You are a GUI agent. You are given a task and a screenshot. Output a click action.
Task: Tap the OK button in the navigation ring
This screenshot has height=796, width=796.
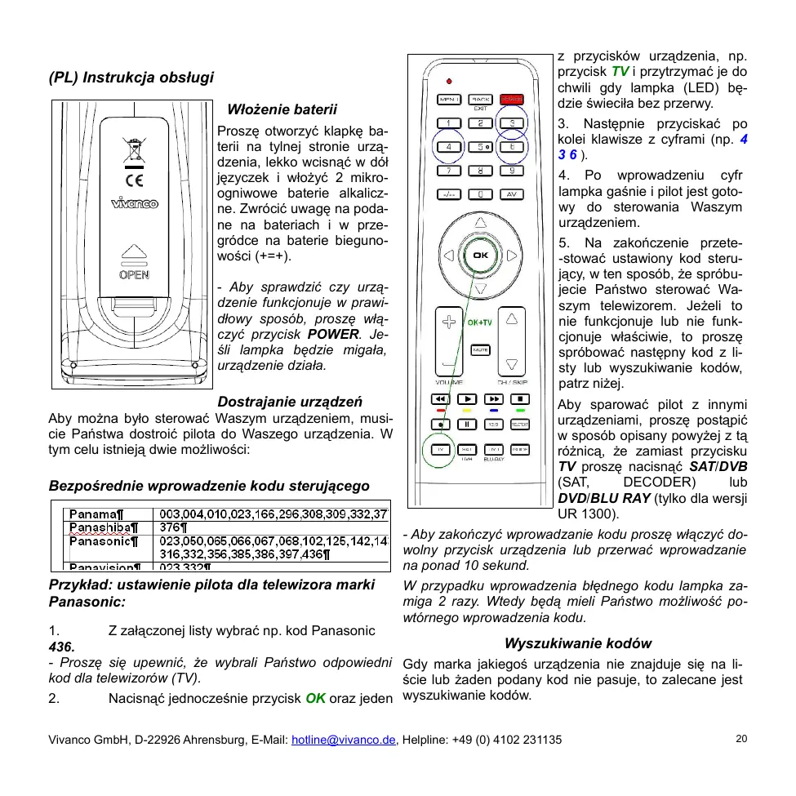click(x=480, y=255)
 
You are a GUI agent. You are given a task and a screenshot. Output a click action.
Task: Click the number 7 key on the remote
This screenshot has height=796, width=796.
click(x=448, y=171)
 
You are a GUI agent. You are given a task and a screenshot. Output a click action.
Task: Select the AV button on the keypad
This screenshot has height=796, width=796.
click(x=512, y=194)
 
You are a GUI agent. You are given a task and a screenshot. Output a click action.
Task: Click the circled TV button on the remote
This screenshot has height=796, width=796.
click(x=441, y=450)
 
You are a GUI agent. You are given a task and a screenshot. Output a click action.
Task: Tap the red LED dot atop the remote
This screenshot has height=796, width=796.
click(x=449, y=81)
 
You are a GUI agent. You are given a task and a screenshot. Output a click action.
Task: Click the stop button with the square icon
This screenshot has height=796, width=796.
click(x=519, y=399)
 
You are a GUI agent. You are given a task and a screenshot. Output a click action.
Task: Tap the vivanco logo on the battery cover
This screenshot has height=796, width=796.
click(x=135, y=203)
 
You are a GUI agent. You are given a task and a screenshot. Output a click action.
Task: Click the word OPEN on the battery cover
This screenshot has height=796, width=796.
click(x=134, y=274)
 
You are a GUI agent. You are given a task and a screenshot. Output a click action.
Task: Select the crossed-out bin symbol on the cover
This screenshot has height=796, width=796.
click(x=132, y=150)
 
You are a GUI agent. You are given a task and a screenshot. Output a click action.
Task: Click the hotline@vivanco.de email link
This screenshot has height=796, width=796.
click(x=344, y=740)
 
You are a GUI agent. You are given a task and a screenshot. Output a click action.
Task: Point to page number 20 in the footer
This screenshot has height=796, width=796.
click(x=740, y=739)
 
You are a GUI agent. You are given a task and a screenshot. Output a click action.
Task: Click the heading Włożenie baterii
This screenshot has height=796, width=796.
click(x=282, y=109)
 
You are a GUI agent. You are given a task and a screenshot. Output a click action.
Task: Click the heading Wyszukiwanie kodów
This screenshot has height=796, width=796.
click(x=577, y=643)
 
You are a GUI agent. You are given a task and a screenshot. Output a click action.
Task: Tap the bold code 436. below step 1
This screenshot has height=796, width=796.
click(x=62, y=646)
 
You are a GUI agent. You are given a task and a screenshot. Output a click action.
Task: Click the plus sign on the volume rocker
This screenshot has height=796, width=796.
click(x=448, y=322)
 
